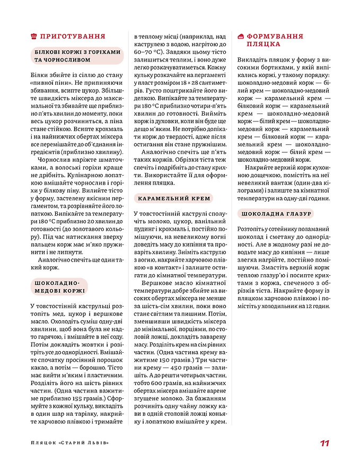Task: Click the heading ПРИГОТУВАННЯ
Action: [x=74, y=37]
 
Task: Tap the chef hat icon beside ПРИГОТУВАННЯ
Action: [x=34, y=37]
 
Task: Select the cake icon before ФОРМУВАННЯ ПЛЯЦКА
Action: [x=241, y=37]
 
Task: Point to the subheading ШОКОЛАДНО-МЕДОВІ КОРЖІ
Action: [x=58, y=286]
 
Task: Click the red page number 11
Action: [x=325, y=443]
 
